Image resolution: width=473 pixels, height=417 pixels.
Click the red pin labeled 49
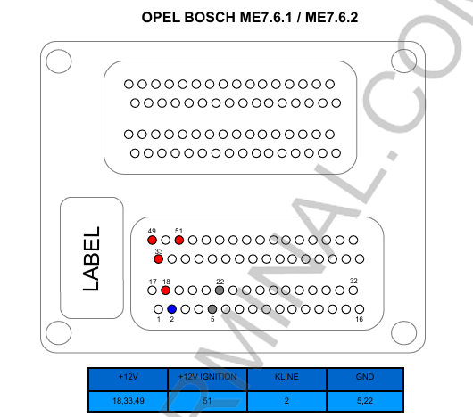coord(152,240)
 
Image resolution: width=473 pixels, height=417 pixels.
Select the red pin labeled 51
coord(179,240)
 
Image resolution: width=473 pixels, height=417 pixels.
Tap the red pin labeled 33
coord(158,259)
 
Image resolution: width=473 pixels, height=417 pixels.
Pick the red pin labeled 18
coord(165,290)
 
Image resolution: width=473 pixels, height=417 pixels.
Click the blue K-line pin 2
coord(171,309)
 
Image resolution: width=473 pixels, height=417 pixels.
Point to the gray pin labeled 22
coord(220,290)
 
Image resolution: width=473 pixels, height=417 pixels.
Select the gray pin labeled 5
coord(212,309)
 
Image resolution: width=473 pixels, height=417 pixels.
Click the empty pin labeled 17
coord(152,290)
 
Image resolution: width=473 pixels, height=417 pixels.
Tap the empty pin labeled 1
coord(158,309)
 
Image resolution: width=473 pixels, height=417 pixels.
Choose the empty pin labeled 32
coord(353,290)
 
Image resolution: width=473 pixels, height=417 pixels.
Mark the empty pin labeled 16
coord(360,309)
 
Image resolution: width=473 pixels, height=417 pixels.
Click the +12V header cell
coord(128,379)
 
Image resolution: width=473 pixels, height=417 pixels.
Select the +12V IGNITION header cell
coord(207,379)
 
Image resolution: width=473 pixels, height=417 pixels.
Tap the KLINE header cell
coord(286,379)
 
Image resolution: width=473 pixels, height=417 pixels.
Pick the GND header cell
coord(365,379)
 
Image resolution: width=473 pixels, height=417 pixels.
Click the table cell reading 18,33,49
coord(128,401)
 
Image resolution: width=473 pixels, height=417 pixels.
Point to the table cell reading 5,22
coord(365,401)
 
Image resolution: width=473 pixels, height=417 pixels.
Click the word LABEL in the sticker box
coord(91,258)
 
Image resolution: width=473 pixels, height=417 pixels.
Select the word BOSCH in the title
coord(210,18)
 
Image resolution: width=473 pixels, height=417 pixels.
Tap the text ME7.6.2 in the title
coord(331,18)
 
